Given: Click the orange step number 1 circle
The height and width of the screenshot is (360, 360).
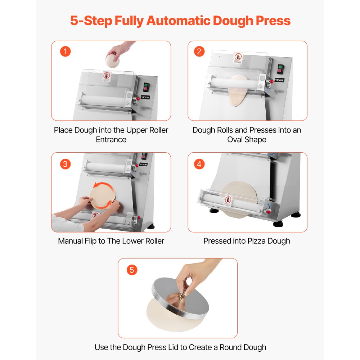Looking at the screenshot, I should [65, 51].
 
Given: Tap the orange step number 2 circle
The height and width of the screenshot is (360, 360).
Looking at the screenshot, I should [199, 51].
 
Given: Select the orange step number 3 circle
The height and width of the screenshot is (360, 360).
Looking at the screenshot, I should [65, 164].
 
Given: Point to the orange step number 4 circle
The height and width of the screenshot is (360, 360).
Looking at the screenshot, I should [199, 164].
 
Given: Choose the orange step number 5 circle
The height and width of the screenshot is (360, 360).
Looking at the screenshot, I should [132, 270].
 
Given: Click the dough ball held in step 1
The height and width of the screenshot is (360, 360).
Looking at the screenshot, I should [113, 60].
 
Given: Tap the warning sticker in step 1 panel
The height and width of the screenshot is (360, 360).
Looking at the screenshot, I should [107, 76].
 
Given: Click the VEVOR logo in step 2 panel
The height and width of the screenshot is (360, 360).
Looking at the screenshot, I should [280, 80].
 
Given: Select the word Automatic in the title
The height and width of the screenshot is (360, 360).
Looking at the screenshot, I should [179, 21].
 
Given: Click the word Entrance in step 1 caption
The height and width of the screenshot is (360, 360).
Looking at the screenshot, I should [111, 139].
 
